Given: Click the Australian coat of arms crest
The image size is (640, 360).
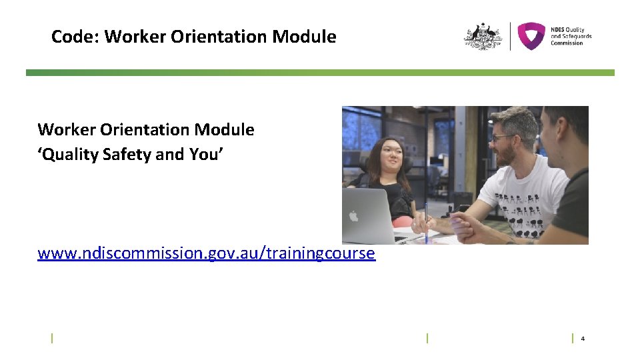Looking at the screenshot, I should point(483,37).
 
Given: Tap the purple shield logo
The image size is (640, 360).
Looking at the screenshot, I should point(531,36).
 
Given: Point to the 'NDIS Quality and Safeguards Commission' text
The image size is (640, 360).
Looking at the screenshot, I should point(571,36).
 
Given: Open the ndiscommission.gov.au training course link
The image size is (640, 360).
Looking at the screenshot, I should point(206,253).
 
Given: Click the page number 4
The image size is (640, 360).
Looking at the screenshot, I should point(583,339).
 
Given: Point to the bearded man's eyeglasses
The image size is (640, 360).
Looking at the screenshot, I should point(503,138).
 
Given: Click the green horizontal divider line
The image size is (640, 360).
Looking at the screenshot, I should point(320,73).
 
